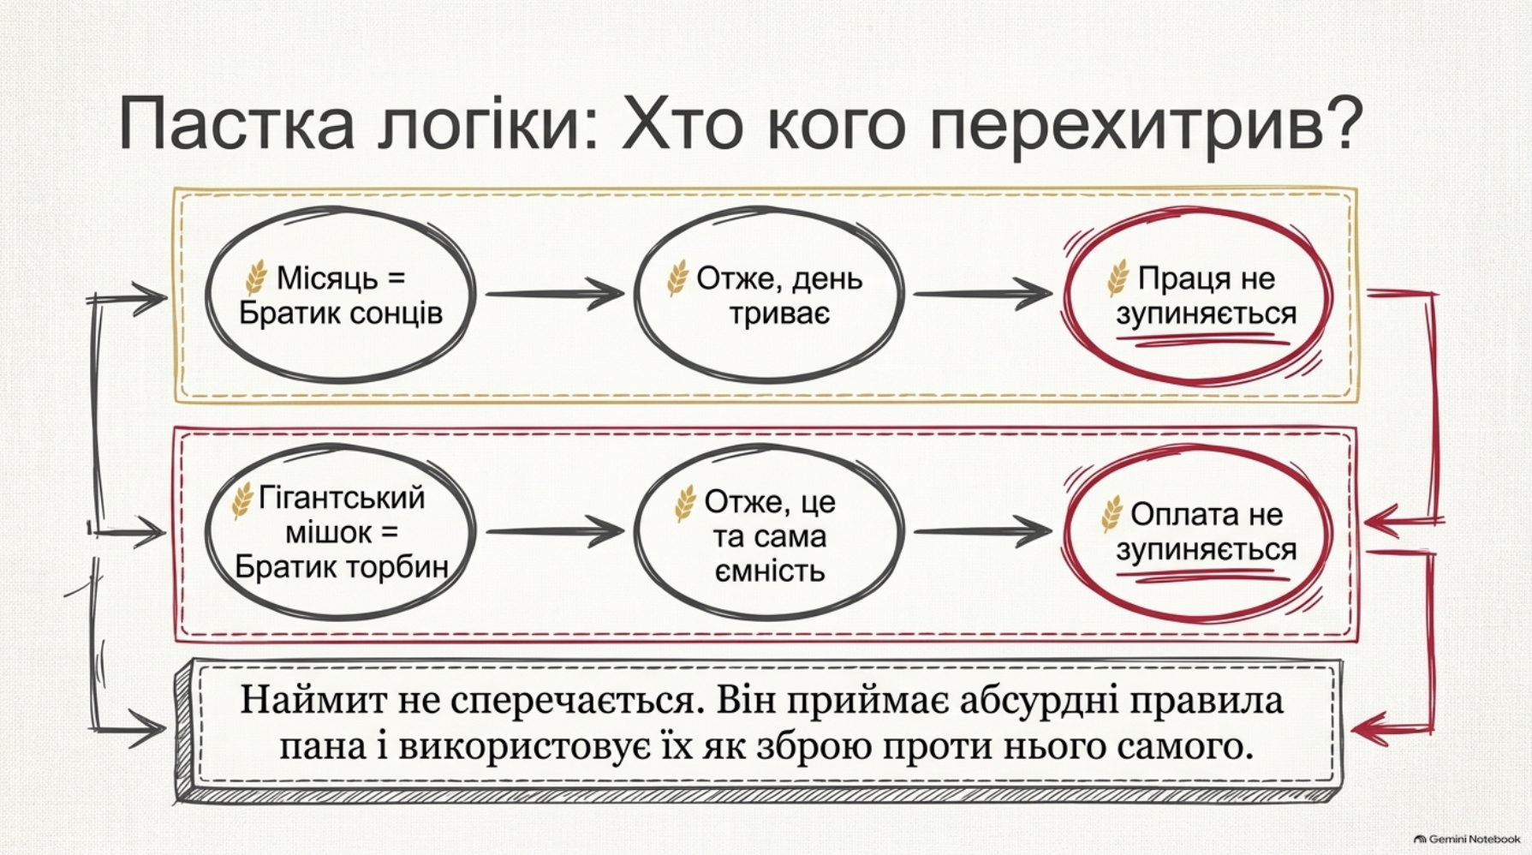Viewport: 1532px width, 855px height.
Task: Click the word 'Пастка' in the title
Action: pyautogui.click(x=235, y=124)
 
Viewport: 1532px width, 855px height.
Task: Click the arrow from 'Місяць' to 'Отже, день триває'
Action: pyautogui.click(x=555, y=294)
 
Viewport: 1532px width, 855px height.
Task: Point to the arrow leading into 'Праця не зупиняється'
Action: pyautogui.click(x=983, y=294)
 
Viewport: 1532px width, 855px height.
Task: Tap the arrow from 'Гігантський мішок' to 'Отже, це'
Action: pyautogui.click(x=555, y=531)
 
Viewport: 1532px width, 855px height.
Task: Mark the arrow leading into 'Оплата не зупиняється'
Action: pyautogui.click(x=983, y=531)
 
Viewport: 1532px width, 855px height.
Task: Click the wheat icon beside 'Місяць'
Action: pyautogui.click(x=256, y=278)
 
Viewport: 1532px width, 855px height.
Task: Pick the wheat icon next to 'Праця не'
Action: pyautogui.click(x=1118, y=278)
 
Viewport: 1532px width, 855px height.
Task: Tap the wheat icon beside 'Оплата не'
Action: pyautogui.click(x=1112, y=514)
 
